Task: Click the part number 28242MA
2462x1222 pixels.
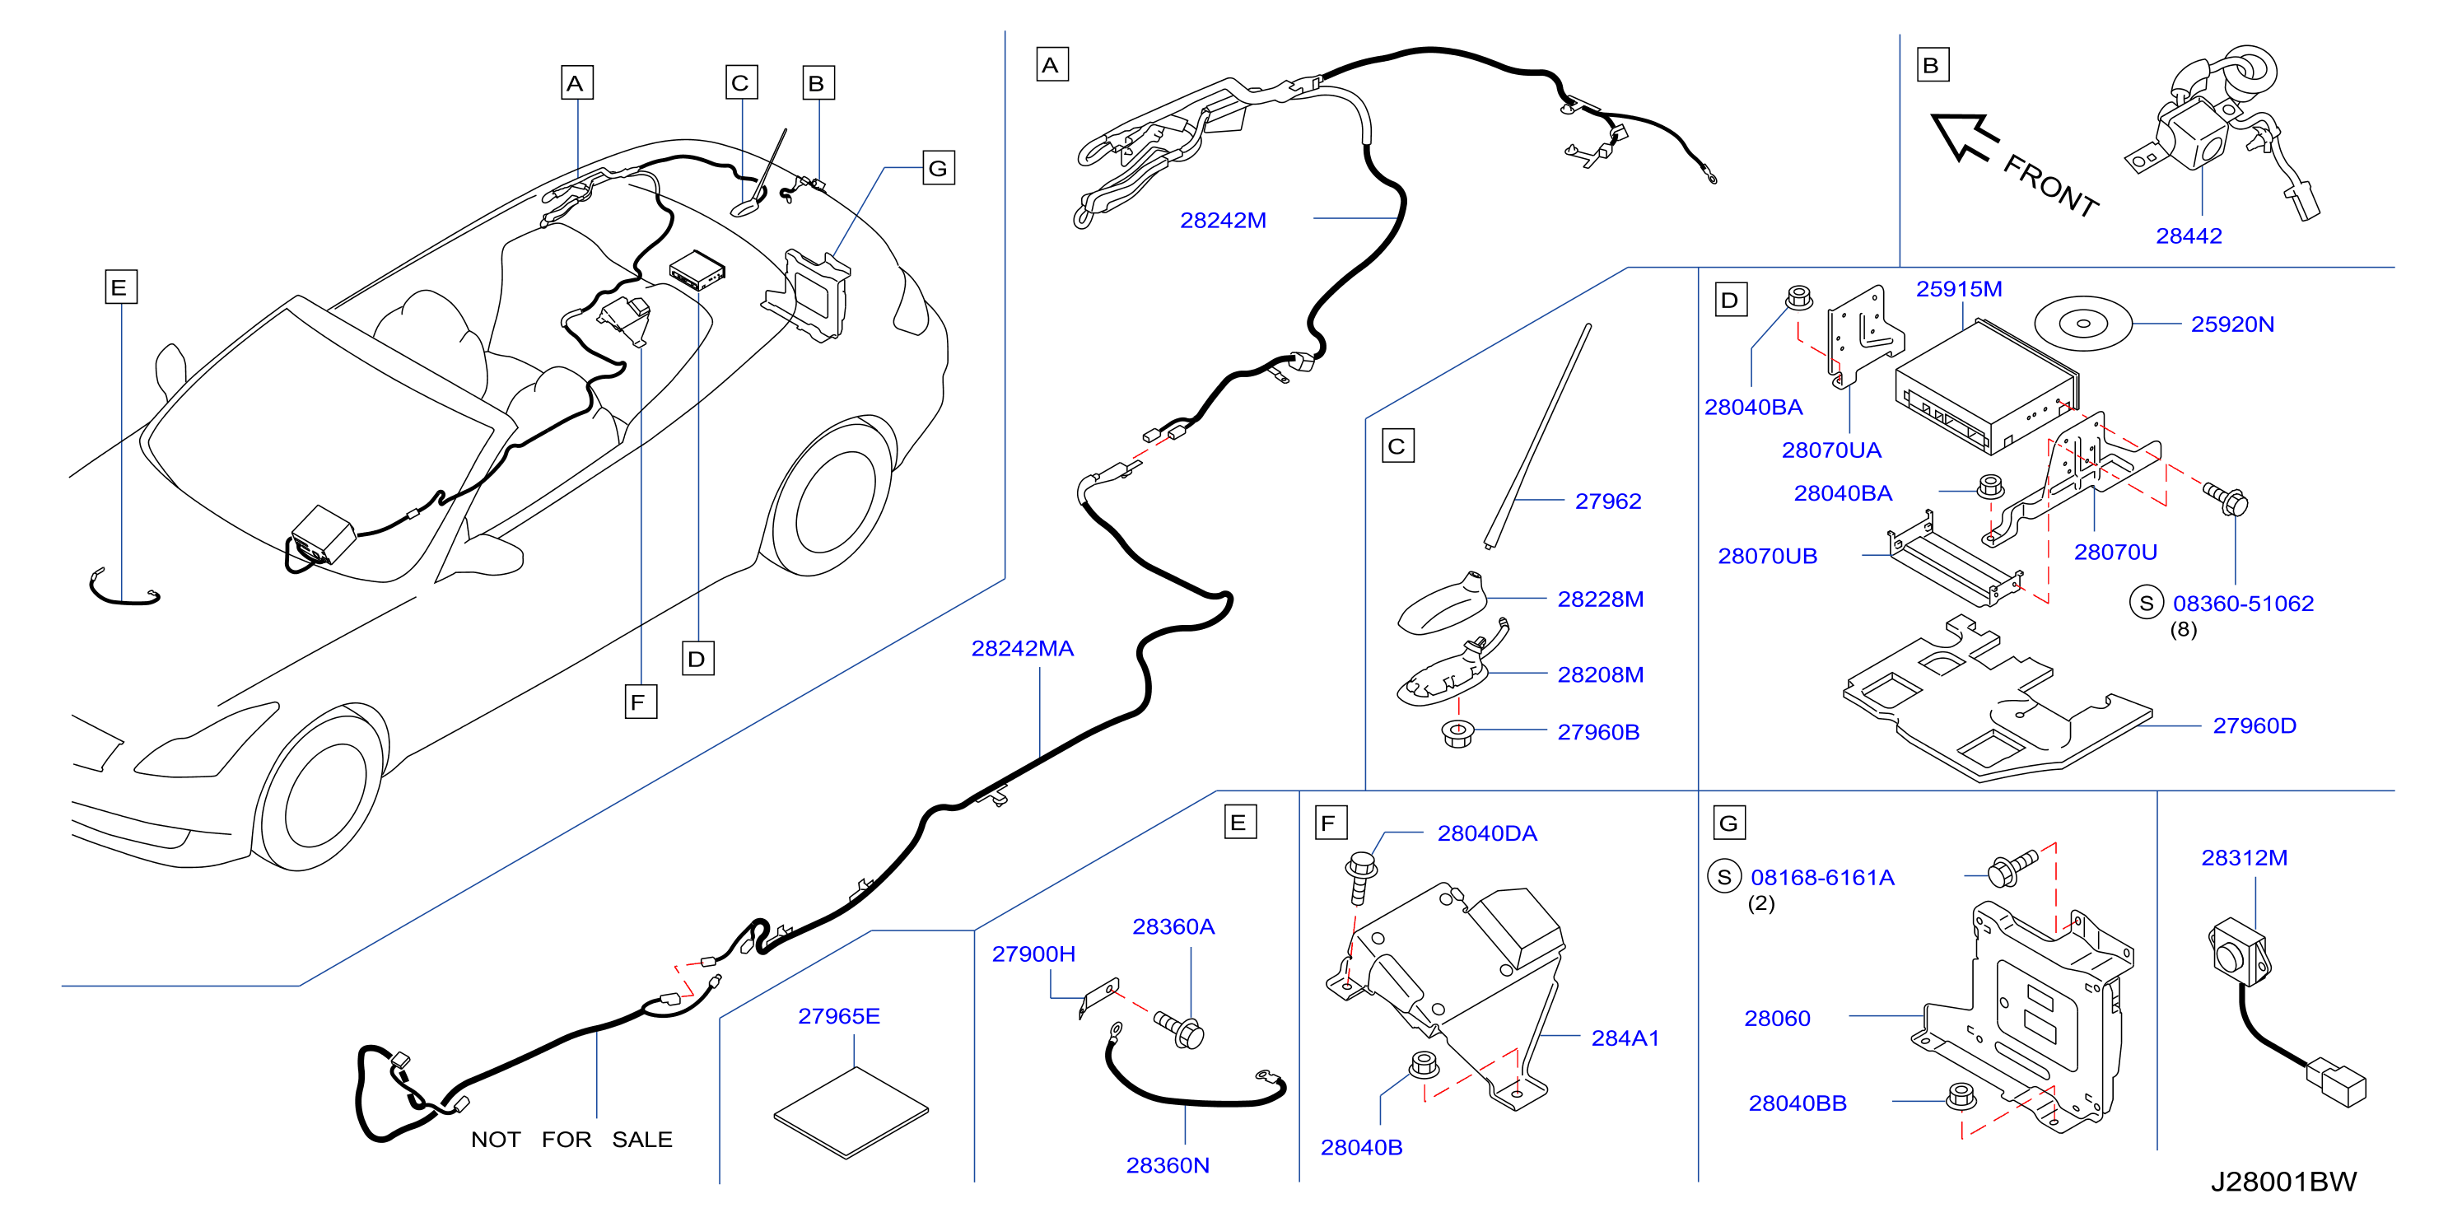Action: coord(1022,649)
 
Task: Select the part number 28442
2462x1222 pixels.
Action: coord(2189,236)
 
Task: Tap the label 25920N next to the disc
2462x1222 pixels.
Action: coord(2232,324)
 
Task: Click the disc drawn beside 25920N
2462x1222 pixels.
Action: coord(2083,324)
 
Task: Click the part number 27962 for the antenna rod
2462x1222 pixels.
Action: coord(1607,501)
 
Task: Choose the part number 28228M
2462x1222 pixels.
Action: coord(1601,600)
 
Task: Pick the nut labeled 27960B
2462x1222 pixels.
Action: coord(1457,734)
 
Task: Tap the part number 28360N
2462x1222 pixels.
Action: coord(1168,1166)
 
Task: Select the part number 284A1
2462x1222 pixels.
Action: coord(1625,1038)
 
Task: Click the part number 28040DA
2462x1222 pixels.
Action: coord(1487,834)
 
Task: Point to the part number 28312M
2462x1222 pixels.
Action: coord(2244,858)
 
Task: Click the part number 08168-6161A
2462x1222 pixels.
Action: coord(1821,878)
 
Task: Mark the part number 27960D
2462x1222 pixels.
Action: coord(2255,726)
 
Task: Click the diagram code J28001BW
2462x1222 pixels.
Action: coord(2283,1182)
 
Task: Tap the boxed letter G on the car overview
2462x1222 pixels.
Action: coord(939,169)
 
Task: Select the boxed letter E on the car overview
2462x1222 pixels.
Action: coord(120,287)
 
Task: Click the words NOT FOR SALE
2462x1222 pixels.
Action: coord(571,1140)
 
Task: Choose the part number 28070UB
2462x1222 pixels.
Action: coord(1767,556)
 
